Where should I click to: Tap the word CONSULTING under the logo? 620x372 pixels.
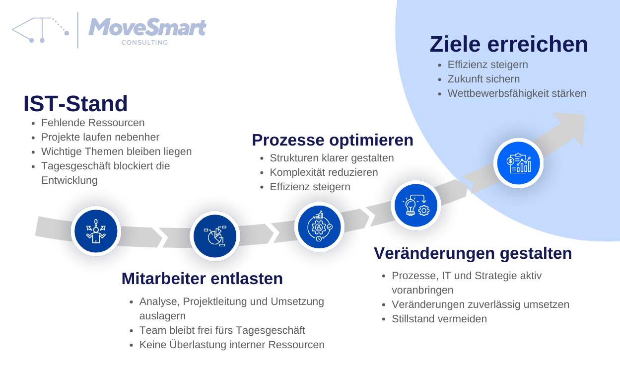(x=144, y=43)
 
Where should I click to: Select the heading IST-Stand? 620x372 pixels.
(x=75, y=104)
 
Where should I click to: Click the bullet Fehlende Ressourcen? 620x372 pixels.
(x=93, y=123)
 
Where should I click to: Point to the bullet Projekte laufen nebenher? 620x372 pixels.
(x=100, y=137)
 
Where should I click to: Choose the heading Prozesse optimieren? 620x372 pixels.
(x=333, y=140)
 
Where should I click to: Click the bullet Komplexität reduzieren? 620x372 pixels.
(x=324, y=172)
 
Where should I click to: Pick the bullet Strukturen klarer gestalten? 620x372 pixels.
(x=332, y=158)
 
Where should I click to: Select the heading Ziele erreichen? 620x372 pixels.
(x=508, y=44)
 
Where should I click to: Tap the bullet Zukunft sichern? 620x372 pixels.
(x=483, y=79)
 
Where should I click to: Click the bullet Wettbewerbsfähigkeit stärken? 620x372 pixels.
(x=517, y=93)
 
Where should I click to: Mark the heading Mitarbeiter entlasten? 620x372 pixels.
(x=202, y=279)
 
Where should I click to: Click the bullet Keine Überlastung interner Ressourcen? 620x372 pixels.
(x=232, y=345)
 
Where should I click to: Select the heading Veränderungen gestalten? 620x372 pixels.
(x=473, y=253)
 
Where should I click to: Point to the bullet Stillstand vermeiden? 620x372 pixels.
(x=439, y=319)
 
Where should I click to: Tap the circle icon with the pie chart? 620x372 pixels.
(x=215, y=235)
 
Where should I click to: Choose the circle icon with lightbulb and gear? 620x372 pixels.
(x=416, y=205)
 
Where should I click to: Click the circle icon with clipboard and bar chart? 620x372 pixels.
(x=519, y=162)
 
